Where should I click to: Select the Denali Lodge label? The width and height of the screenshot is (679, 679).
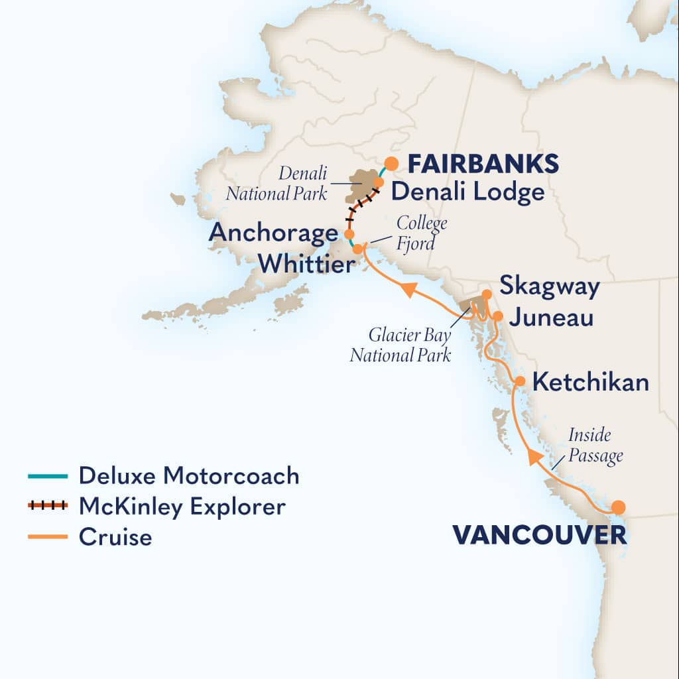point(467,192)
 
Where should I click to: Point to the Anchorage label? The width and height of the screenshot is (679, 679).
point(273,234)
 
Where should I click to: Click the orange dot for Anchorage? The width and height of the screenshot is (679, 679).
point(349,234)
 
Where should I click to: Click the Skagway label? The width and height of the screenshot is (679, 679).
point(550,287)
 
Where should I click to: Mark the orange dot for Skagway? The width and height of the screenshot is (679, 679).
point(487,294)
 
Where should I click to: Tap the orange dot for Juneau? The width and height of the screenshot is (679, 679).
point(498,316)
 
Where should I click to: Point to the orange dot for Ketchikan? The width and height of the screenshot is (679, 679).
point(521,381)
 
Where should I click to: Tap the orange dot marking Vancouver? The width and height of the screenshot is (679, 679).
point(618,508)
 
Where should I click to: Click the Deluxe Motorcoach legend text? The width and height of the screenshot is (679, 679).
point(189,475)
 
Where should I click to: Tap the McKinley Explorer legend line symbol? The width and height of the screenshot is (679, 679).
point(48,506)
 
